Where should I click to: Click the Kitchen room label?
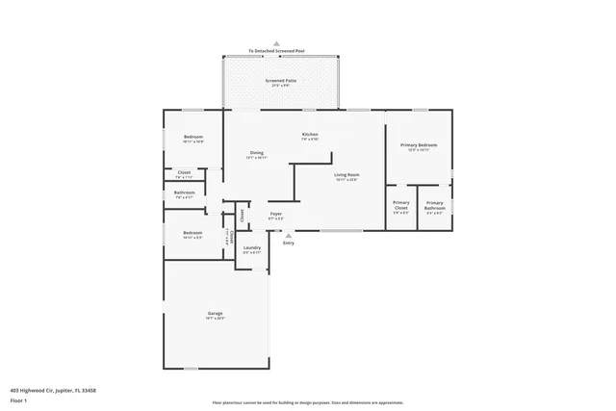coord(310,135)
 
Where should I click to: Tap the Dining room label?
coord(256,154)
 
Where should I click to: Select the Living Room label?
coord(346,176)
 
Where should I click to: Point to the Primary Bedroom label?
coord(419,146)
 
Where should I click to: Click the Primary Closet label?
coord(401,205)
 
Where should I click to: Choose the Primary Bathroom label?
coord(435,205)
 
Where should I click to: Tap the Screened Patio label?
coord(281,82)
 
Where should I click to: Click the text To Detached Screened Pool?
coord(276,52)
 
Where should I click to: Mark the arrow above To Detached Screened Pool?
coord(276,44)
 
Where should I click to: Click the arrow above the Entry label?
coord(288,235)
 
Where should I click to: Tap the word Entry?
coord(288,243)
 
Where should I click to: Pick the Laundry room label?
coord(252,249)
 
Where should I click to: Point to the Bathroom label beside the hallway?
coord(185,193)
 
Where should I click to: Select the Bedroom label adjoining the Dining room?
coord(193,138)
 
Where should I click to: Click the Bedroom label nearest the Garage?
coord(192,234)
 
